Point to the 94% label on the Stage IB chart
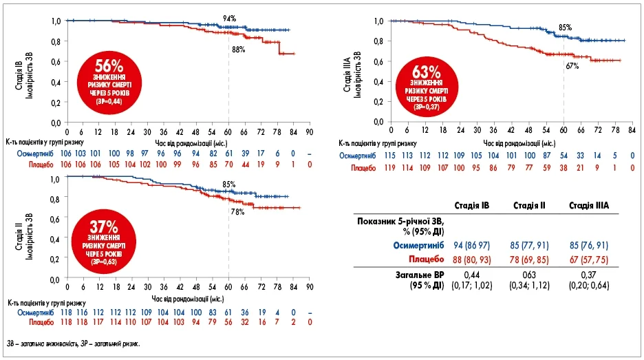[229, 17]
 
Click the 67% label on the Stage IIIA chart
[572, 66]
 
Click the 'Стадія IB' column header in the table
[471, 206]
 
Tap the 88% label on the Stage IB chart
[238, 49]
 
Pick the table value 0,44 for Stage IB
[471, 276]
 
